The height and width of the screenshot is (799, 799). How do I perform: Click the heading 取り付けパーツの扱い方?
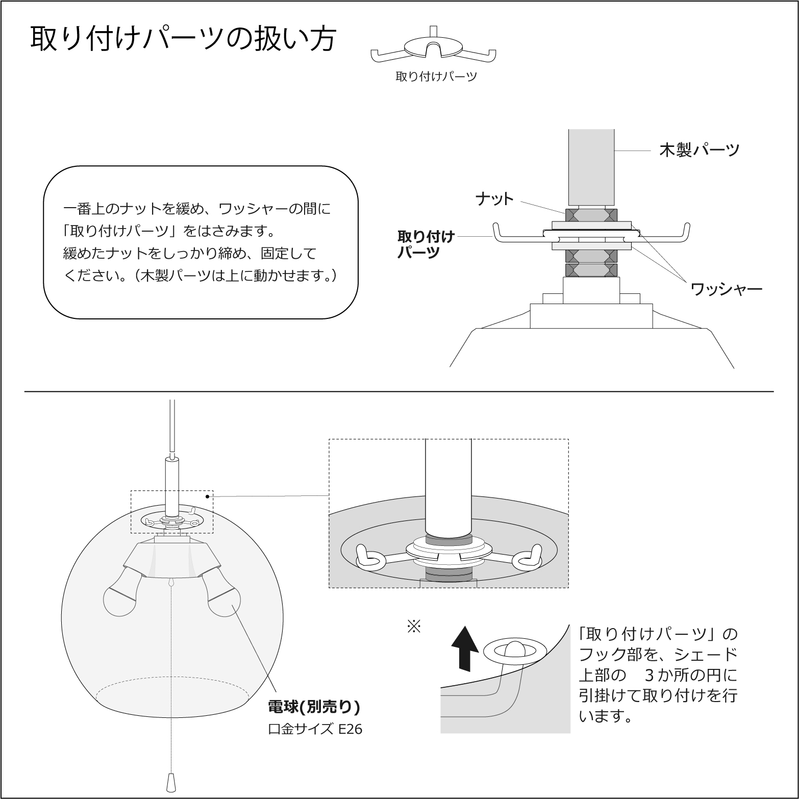tap(183, 38)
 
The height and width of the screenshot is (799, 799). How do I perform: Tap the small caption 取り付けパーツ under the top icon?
tap(436, 77)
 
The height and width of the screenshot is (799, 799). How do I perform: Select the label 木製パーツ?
tap(698, 151)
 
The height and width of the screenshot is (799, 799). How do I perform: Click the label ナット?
tap(494, 199)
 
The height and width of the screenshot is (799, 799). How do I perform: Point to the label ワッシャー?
tap(726, 289)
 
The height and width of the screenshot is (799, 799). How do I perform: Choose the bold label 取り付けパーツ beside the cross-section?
tap(426, 244)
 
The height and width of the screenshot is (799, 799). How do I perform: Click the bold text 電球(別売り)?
tap(314, 707)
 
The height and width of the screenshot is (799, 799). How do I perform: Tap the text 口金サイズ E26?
tap(315, 729)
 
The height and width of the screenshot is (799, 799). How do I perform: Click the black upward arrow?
tap(465, 647)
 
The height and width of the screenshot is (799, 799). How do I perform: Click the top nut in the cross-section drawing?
tap(591, 215)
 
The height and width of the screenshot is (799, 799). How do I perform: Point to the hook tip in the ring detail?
tap(514, 650)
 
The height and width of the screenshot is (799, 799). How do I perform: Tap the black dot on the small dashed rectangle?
tap(207, 495)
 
